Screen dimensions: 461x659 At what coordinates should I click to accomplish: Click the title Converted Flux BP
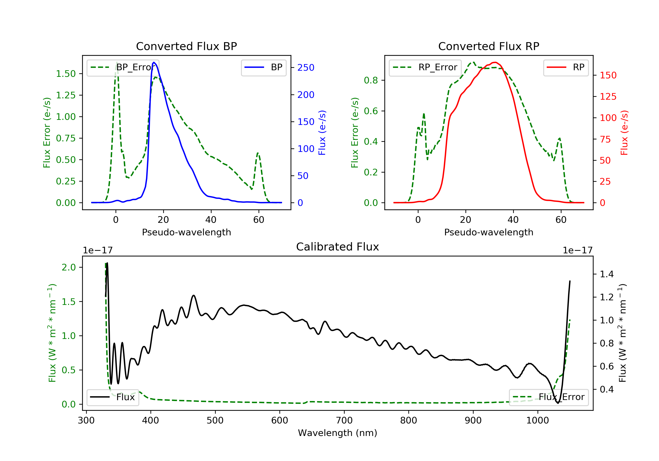coord(186,46)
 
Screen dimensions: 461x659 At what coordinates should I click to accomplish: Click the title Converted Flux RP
coord(489,46)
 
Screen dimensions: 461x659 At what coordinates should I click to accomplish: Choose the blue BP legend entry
coord(263,67)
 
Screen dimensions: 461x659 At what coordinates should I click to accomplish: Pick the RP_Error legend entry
coord(425,67)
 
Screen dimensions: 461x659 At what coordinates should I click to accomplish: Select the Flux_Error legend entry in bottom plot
coord(549,397)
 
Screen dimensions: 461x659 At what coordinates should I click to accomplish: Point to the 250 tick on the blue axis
coord(306,68)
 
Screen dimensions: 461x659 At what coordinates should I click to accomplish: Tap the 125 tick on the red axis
coord(608,96)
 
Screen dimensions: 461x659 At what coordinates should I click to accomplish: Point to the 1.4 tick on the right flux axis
coord(606,274)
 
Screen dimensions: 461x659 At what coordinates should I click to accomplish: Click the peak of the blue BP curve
coord(154,62)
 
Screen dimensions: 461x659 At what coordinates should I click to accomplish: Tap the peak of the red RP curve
coord(495,62)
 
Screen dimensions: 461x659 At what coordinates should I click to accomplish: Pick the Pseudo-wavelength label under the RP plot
coord(489,232)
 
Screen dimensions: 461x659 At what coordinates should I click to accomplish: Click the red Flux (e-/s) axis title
coord(624,133)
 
